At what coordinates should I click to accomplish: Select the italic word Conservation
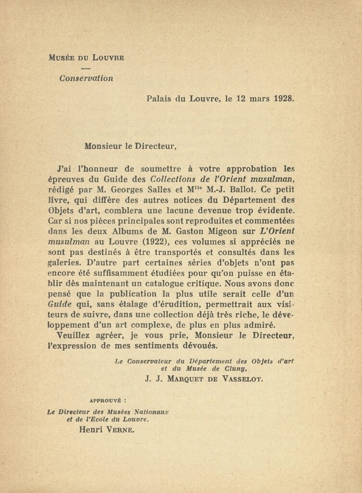point(86,78)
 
